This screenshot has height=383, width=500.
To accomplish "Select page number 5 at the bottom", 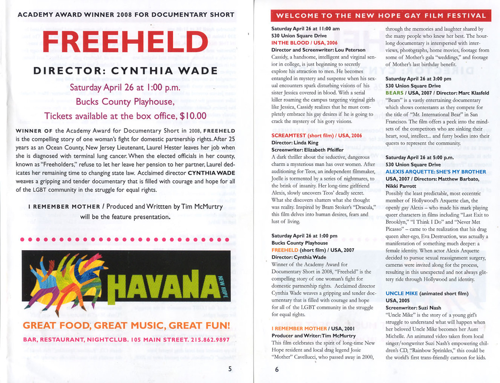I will [230, 369].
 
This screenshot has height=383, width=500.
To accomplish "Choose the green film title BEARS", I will [394, 93].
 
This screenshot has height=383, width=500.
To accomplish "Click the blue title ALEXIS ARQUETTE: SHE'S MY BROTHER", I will [435, 171].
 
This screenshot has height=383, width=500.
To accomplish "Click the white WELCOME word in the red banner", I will [296, 16].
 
